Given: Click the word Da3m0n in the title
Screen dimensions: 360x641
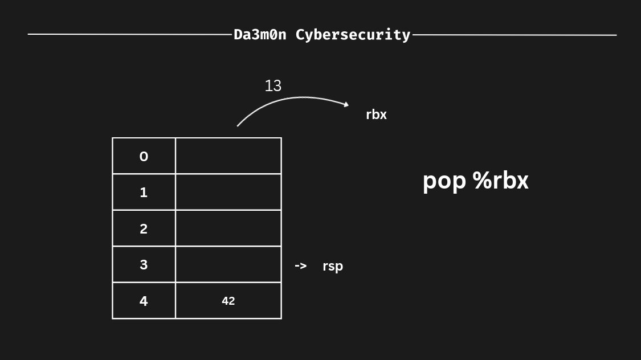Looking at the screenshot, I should point(260,35).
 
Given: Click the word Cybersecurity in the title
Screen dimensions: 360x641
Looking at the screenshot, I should point(353,35).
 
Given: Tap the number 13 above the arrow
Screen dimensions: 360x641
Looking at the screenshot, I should point(273,85).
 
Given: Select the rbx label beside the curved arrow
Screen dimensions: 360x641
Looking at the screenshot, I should point(376,114).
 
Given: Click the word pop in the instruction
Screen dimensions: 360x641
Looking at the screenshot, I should point(444,181).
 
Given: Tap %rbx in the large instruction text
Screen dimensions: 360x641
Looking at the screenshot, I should point(500,181).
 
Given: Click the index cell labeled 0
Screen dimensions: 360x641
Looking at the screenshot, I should point(144,156).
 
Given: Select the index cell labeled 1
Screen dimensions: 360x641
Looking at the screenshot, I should point(144,192).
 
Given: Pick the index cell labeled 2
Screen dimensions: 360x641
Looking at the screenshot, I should point(144,228).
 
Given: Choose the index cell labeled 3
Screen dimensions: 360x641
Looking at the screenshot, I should point(144,264).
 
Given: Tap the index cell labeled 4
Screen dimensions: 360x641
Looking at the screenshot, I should point(144,301).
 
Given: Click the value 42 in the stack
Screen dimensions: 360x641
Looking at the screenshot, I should point(228,301).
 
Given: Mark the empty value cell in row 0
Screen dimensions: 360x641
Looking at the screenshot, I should point(228,156).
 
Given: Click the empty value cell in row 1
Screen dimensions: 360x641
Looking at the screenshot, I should point(228,192).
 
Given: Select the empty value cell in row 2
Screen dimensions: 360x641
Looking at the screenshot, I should point(228,228).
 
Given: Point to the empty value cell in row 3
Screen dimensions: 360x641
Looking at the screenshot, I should point(228,264).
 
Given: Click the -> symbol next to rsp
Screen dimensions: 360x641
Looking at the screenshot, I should point(300,265).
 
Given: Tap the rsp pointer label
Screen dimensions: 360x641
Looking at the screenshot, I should point(333,266).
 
